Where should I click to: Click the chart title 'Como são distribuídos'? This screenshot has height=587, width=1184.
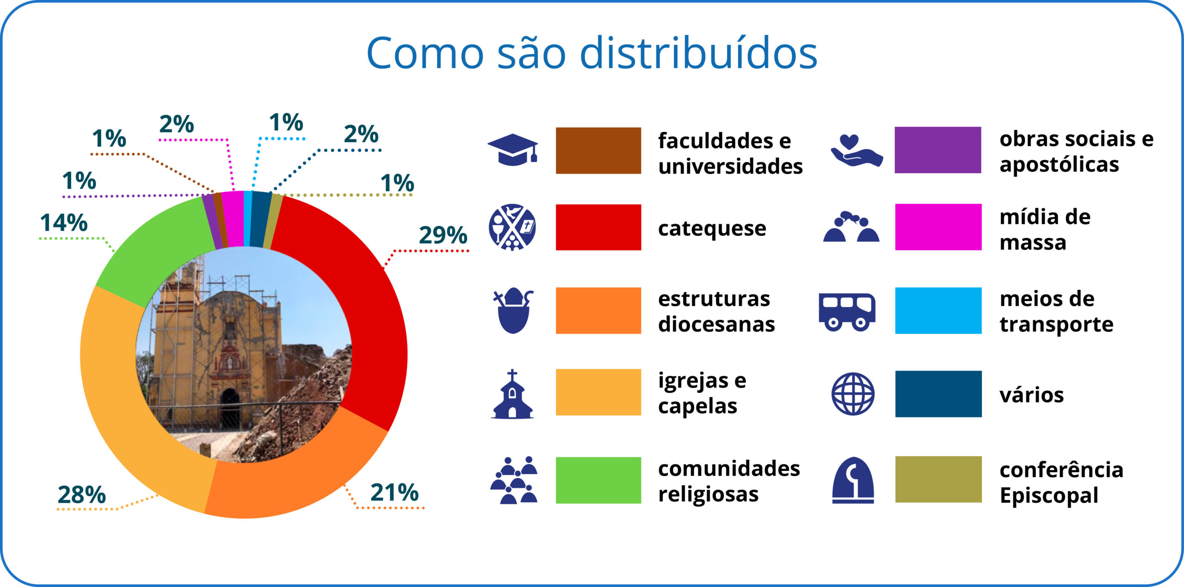point(592,53)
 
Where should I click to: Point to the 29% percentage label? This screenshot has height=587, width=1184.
point(443,235)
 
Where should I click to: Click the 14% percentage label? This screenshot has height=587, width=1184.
point(64,223)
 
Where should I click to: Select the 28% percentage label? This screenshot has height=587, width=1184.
point(82,494)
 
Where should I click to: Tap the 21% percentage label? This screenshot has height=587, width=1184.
point(395,492)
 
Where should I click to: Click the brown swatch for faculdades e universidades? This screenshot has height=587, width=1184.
point(598,150)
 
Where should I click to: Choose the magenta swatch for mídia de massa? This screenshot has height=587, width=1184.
point(938,227)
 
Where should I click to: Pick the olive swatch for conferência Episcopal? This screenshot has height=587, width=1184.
point(938,479)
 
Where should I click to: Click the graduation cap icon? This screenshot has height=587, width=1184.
point(513,150)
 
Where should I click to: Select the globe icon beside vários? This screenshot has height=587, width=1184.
point(853,394)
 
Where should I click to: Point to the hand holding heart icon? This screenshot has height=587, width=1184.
point(857,150)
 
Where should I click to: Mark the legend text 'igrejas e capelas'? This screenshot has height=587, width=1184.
point(703,393)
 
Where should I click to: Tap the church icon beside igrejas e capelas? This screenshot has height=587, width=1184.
point(512,394)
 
